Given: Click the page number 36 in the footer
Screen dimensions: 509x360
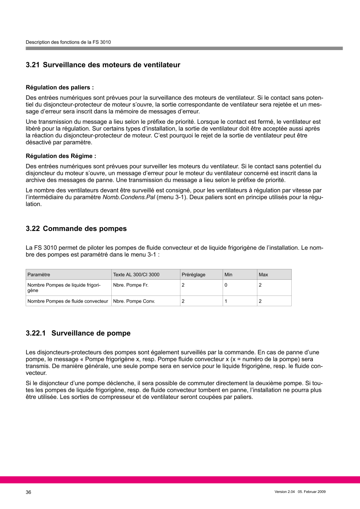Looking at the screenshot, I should point(29,492).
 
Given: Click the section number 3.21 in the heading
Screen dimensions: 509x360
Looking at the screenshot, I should point(33,65).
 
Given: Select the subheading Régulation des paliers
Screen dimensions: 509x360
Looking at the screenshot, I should point(60,87).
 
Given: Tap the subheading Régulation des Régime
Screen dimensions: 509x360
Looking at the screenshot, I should point(61,156).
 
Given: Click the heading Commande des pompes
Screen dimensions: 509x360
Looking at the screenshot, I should point(85,228).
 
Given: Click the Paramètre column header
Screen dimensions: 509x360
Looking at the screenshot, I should point(39,274).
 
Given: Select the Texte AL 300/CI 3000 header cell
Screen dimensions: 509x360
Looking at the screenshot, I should point(136,274).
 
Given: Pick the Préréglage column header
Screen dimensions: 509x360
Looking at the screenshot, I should point(193,274).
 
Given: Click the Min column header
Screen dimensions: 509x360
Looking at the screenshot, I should point(228,274).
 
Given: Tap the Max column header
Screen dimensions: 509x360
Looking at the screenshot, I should point(263,274).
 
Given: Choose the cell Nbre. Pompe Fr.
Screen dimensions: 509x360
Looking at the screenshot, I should point(130,285).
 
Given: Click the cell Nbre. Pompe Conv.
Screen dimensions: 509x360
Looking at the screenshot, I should point(134,301).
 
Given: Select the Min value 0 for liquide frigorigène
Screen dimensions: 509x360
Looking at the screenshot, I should point(226,285).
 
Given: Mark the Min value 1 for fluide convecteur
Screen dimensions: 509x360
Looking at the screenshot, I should point(226,301).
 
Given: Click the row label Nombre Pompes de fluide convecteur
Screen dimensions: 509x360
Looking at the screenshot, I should point(68,301).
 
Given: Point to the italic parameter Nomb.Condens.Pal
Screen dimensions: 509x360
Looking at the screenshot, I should point(129,197).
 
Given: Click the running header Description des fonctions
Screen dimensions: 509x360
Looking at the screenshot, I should point(68,42).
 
